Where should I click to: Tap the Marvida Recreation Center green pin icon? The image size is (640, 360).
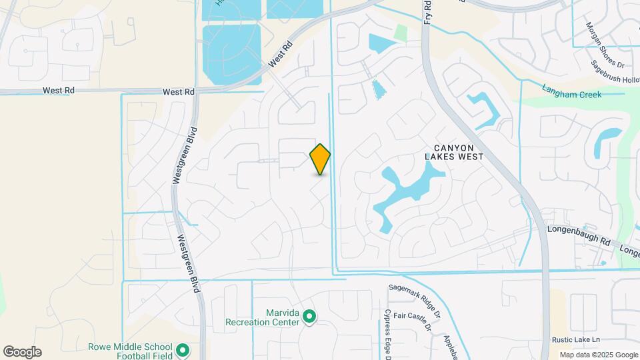(x=309, y=317)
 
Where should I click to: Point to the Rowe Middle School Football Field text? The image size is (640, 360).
(x=130, y=351)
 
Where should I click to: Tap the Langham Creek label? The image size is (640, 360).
(x=571, y=95)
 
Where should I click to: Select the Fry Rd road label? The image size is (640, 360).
(x=427, y=11)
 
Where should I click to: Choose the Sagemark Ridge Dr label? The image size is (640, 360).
(x=415, y=299)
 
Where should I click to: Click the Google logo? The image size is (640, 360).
(x=22, y=352)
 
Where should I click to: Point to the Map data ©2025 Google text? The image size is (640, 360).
(x=598, y=355)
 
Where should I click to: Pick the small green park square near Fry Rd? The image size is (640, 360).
(x=401, y=32)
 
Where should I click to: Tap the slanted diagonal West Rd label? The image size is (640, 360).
(x=281, y=55)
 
